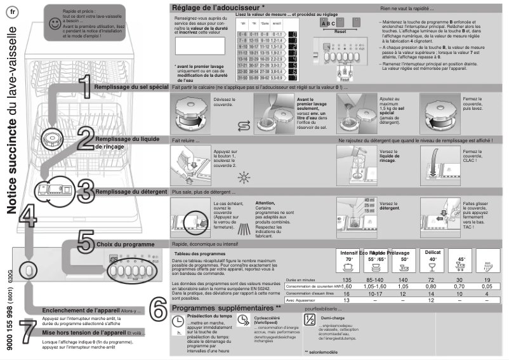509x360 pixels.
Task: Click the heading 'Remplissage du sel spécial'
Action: click(131, 86)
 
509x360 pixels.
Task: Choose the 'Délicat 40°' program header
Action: click(432, 256)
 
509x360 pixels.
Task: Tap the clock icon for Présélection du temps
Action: click(178, 323)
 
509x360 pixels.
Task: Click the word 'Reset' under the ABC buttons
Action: click(340, 30)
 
